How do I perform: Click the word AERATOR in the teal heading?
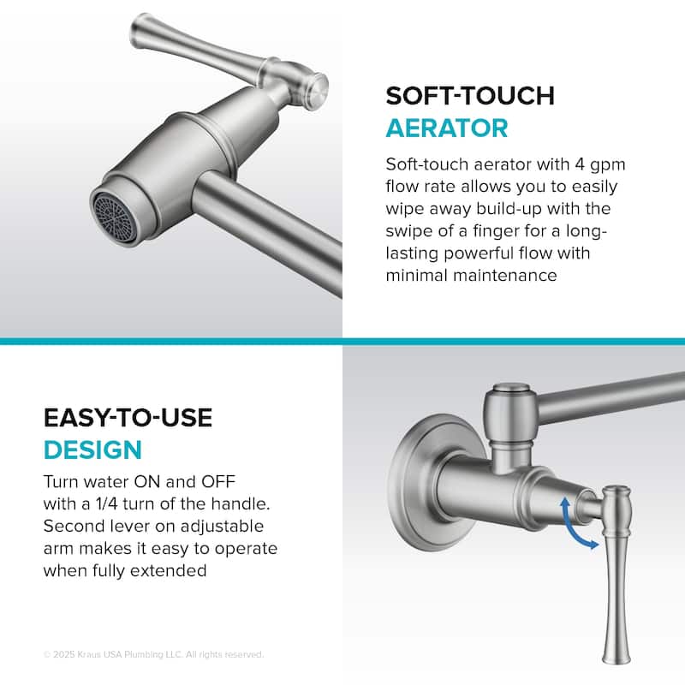pyautogui.click(x=446, y=128)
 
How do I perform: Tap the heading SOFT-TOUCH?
pyautogui.click(x=470, y=94)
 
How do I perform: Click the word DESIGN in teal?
pyautogui.click(x=92, y=450)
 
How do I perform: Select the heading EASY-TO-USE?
pyautogui.click(x=128, y=418)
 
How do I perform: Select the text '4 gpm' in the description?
pyautogui.click(x=592, y=164)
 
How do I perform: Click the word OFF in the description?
pyautogui.click(x=225, y=480)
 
